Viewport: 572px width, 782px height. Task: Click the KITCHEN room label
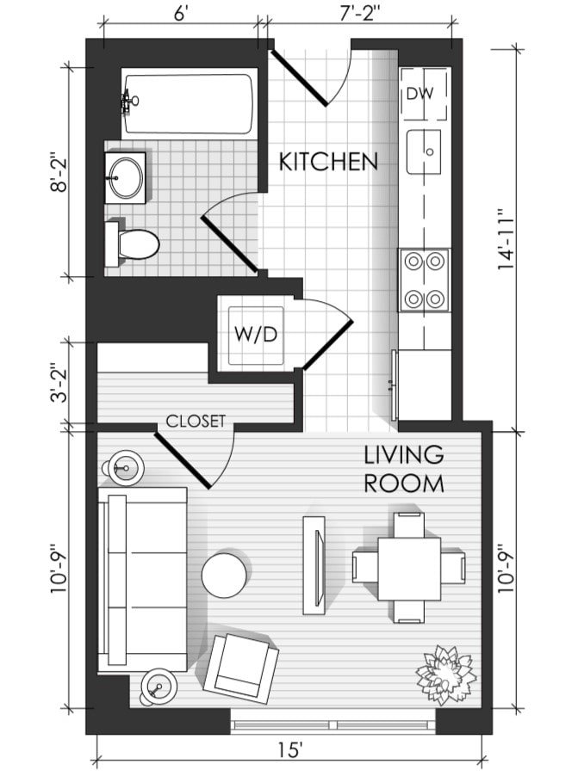[x=328, y=162]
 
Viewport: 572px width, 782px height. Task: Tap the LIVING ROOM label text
[x=404, y=470]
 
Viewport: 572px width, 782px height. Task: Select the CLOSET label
[x=196, y=422]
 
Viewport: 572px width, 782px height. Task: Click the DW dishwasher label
[x=420, y=93]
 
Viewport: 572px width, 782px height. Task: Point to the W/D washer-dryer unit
[x=256, y=335]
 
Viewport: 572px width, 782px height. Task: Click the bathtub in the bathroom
[x=188, y=104]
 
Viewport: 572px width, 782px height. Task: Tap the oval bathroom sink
[x=126, y=177]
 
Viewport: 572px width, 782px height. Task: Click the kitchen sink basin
[x=424, y=151]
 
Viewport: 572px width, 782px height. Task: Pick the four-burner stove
[x=425, y=280]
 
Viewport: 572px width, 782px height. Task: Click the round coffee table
[x=224, y=575]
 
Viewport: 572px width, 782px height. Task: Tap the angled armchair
[x=241, y=666]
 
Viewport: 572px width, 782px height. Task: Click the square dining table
[x=409, y=569]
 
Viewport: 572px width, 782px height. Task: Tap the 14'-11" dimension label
[x=506, y=242]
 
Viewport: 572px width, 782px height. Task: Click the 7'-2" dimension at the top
[x=360, y=14]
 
